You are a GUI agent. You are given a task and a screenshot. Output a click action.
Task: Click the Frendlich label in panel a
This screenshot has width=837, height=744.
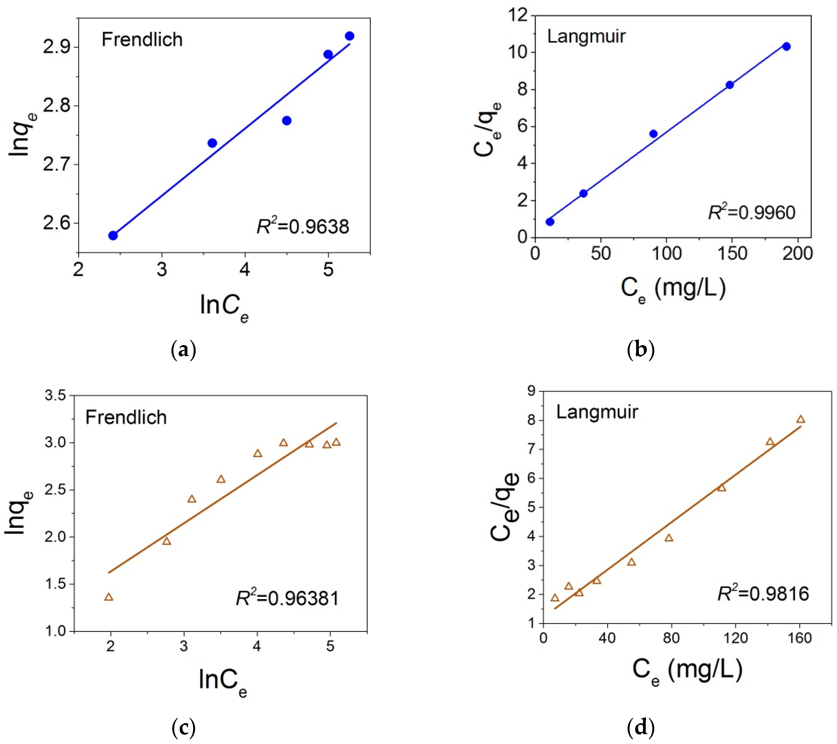142,40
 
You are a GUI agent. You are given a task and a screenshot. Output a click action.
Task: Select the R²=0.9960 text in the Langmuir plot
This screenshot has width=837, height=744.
752,212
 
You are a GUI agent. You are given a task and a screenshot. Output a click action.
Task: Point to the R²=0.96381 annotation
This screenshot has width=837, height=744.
287,598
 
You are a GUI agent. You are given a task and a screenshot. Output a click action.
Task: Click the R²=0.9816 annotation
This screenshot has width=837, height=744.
763,593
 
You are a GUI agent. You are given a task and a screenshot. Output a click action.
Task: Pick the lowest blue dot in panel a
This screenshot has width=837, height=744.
113,235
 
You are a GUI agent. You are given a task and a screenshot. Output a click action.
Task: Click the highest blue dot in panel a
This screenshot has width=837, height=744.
349,36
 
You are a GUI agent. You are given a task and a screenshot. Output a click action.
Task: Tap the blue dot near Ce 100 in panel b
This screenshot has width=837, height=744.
653,134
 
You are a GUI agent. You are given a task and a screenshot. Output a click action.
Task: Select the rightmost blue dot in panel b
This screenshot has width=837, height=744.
786,46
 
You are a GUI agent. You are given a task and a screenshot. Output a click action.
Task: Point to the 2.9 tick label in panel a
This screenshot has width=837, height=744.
57,48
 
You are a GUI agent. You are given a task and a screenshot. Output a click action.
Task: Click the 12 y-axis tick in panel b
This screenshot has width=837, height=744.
518,16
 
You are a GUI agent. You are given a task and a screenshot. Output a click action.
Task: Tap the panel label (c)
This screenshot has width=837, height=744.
183,728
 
